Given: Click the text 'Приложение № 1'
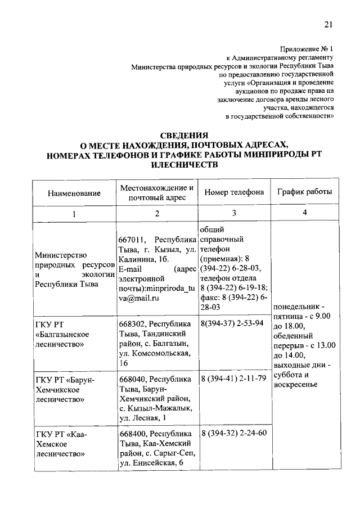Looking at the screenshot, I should click(x=306, y=48).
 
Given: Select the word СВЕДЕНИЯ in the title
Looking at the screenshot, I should click(x=184, y=136).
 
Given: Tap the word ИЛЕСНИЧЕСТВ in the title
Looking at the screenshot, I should click(x=184, y=164).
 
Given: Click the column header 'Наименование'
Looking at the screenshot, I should click(x=74, y=193).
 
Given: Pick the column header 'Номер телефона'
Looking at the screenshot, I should click(x=234, y=192).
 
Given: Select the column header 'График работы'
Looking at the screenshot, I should click(x=305, y=192).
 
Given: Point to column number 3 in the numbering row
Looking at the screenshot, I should click(x=234, y=213).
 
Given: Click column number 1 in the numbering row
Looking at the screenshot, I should click(x=74, y=214).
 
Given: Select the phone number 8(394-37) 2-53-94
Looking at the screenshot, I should click(x=232, y=324).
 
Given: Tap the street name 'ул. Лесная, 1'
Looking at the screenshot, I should click(x=145, y=418).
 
